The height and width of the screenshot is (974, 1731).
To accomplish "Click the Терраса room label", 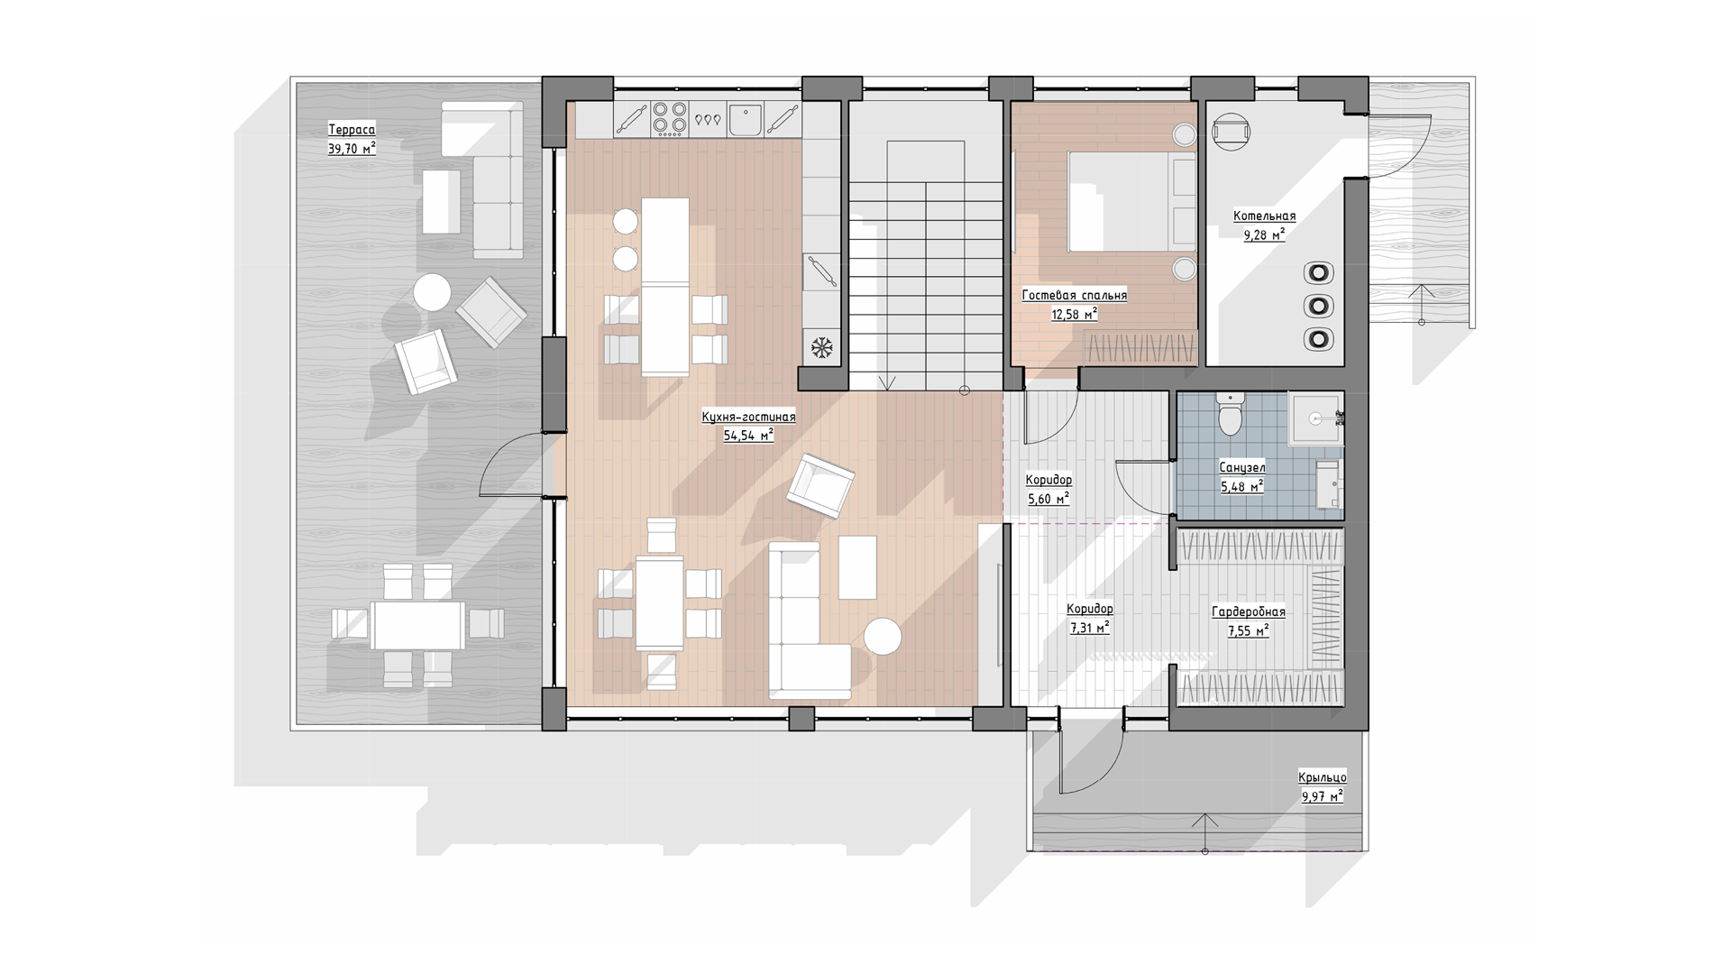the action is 352,130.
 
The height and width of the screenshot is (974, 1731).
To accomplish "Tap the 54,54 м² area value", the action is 748,436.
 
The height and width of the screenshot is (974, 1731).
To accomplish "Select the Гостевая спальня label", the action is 1074,295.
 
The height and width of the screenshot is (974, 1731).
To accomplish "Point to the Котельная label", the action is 1264,216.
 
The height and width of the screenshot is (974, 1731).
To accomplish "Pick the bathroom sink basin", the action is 1315,418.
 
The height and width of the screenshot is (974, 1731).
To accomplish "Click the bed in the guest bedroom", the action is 1131,201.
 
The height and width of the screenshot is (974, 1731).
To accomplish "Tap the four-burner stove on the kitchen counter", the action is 668,118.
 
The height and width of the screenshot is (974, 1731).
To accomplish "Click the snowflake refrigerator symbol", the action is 821,346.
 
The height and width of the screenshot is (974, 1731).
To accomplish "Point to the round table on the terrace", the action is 432,292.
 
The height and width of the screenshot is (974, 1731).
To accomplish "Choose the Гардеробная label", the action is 1248,612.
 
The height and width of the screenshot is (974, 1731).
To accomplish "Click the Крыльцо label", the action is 1323,777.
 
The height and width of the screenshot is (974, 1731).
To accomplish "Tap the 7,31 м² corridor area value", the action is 1089,628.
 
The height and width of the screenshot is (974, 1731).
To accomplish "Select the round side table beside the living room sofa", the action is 883,637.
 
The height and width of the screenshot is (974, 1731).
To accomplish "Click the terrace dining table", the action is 418,624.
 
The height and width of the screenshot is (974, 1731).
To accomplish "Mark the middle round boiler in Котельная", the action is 1319,306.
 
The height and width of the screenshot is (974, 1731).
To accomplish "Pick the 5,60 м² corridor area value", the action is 1049,498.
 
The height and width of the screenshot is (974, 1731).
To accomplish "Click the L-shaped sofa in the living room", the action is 808,622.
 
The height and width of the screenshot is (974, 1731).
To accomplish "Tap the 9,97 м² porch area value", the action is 1322,796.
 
